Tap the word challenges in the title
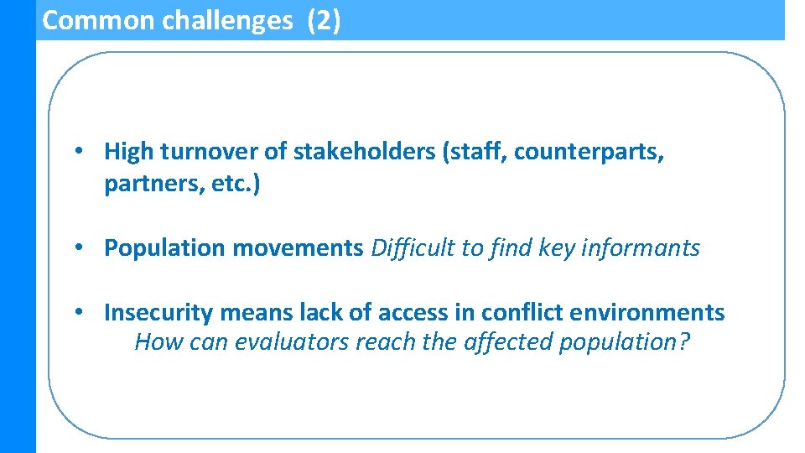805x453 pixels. click(x=227, y=20)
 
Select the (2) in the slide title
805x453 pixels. click(x=325, y=20)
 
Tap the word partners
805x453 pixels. click(x=147, y=184)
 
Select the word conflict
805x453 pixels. click(x=522, y=313)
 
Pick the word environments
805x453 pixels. click(x=647, y=313)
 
